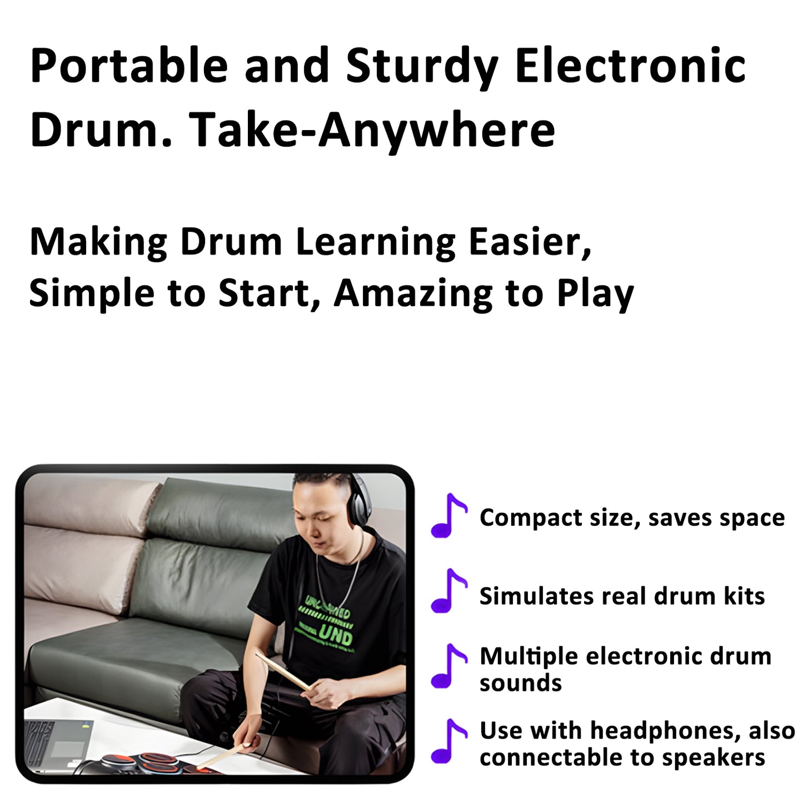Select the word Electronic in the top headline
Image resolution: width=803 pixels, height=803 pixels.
tap(630, 66)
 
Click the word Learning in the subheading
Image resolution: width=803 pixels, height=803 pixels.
tap(375, 243)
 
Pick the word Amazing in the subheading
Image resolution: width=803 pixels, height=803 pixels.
tap(413, 293)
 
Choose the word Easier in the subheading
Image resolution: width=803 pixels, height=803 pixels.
tap(530, 243)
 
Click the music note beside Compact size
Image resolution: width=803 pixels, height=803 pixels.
tap(448, 516)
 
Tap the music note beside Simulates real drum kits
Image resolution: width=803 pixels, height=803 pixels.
tap(448, 591)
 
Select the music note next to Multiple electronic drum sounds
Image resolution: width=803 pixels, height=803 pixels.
tap(448, 666)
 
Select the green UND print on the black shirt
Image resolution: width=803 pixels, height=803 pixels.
tap(335, 634)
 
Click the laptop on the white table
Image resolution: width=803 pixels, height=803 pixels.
tap(58, 742)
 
